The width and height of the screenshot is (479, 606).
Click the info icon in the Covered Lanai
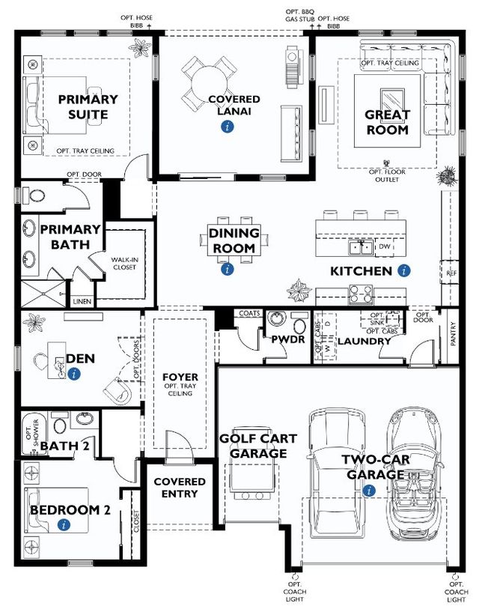coord(227,128)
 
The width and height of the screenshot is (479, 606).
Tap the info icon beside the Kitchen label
coord(404,270)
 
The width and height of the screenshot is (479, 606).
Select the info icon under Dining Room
coord(227,268)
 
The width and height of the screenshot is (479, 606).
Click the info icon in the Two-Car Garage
coord(367,491)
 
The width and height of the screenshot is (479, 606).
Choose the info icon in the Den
coord(73,373)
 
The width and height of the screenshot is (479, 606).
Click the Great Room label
coord(387,122)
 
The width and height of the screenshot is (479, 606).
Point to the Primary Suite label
coord(88,107)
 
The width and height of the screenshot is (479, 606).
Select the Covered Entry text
coord(180,488)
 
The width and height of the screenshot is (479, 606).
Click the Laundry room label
coord(364,342)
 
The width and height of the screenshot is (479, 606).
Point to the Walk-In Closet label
coord(124,263)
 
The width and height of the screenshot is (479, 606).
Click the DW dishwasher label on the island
coord(385,246)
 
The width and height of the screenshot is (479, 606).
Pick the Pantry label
coord(454,333)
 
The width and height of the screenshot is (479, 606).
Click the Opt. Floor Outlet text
coord(387,175)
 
